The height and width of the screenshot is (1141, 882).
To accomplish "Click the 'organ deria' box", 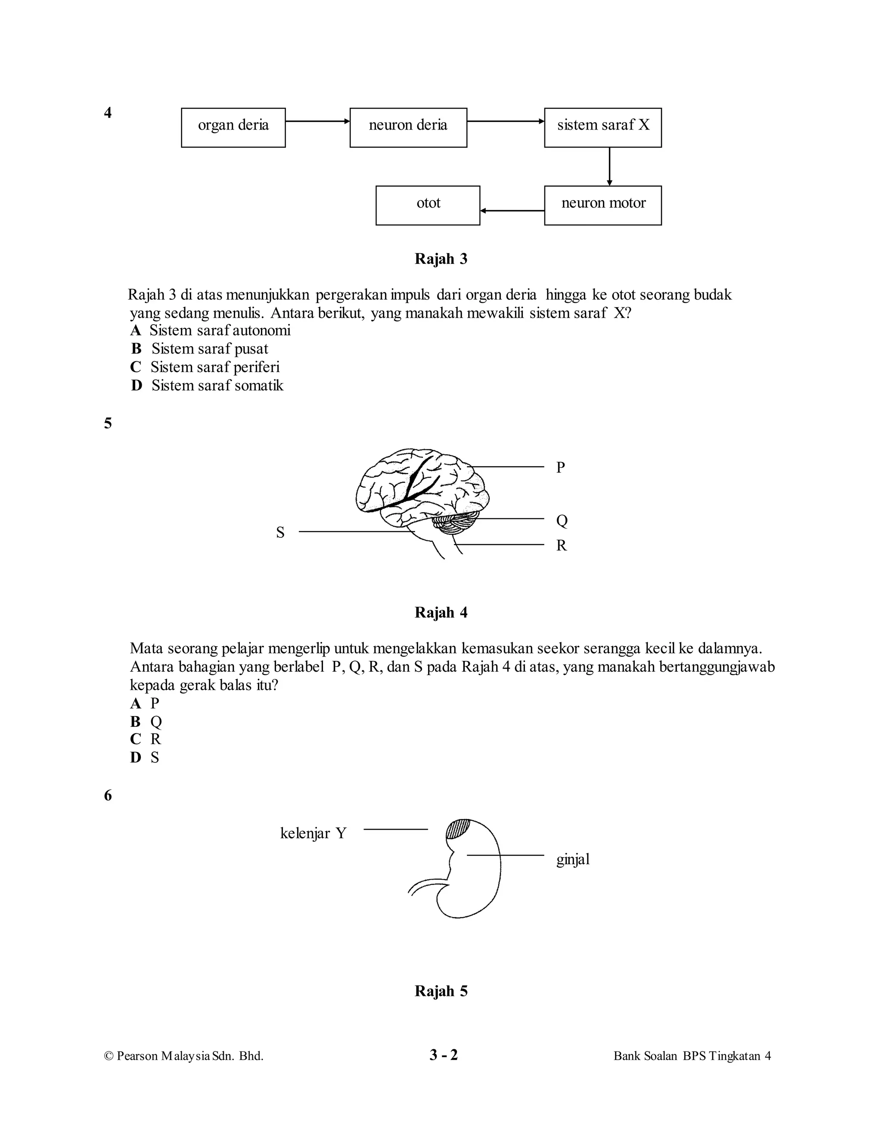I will coord(233,127).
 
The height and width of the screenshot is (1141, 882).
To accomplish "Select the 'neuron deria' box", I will coord(408,127).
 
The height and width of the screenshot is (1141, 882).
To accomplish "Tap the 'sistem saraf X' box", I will coord(602,127).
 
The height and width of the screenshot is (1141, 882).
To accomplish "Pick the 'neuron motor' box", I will coord(602,205).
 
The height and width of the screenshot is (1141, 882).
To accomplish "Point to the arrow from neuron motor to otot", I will coord(512,211).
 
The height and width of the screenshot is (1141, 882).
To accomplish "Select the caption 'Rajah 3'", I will coord(441,259).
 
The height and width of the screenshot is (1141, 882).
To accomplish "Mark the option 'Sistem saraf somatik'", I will coord(217,385).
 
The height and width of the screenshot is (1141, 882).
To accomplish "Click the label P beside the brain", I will coord(561,467).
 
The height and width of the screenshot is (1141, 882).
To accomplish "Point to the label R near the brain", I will coord(561,546).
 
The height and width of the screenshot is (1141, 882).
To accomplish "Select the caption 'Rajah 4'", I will coord(441,612).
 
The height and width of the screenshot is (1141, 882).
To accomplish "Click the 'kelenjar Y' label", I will coord(313,833).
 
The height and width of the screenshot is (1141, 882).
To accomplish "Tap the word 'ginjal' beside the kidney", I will coord(573,859).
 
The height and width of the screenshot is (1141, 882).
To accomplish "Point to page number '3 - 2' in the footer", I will coord(443,1055).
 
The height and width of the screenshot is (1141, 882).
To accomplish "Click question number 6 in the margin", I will coord(108,796).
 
